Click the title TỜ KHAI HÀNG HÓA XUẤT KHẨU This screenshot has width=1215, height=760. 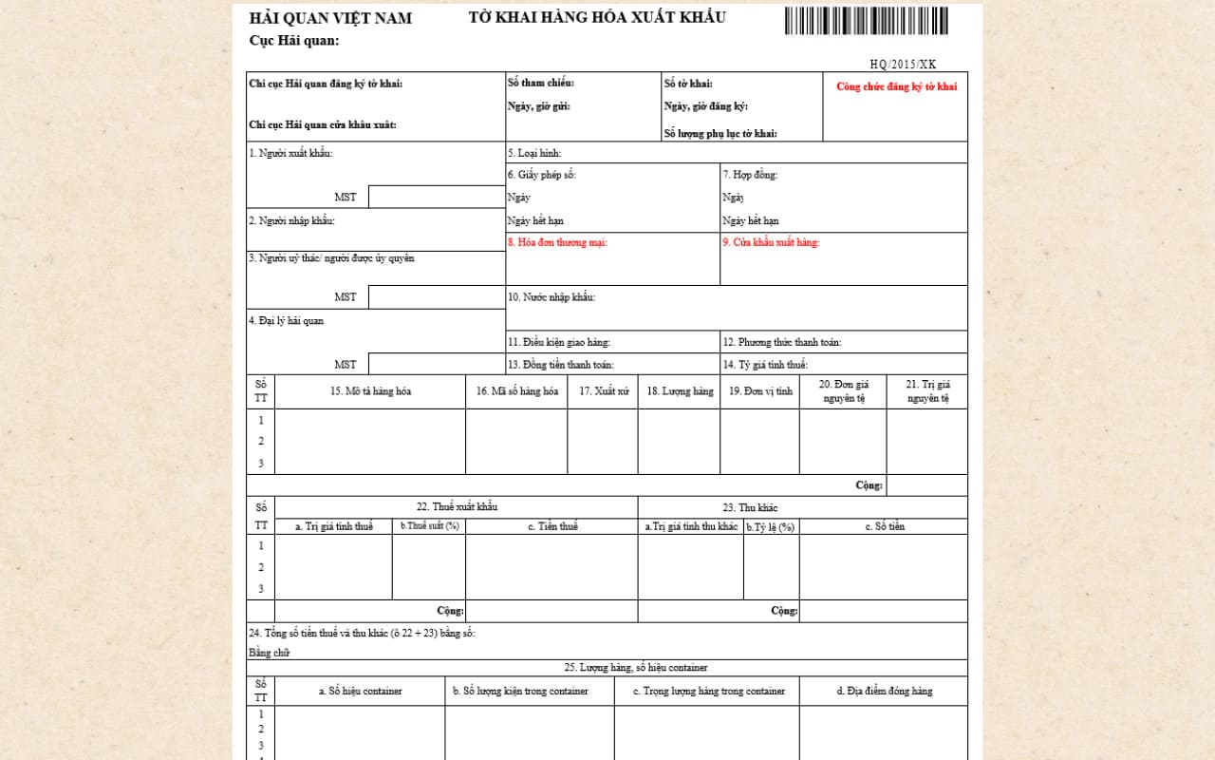pyautogui.click(x=597, y=17)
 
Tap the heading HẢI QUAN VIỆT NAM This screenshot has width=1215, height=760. pyautogui.click(x=330, y=18)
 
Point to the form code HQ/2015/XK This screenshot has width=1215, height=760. pyautogui.click(x=903, y=65)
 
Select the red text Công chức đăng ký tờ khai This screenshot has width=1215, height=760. pyautogui.click(x=896, y=86)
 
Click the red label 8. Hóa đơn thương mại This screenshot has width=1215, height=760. pyautogui.click(x=557, y=242)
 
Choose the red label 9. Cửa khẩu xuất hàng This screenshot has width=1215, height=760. pyautogui.click(x=771, y=242)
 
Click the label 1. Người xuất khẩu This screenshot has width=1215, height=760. pyautogui.click(x=290, y=153)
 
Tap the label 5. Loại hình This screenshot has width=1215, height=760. pyautogui.click(x=534, y=153)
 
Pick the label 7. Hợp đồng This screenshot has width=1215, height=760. pyautogui.click(x=750, y=175)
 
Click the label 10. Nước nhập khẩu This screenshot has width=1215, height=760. pyautogui.click(x=551, y=297)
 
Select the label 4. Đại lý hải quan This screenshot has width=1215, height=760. pyautogui.click(x=287, y=321)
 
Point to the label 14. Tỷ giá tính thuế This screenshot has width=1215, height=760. pyautogui.click(x=765, y=365)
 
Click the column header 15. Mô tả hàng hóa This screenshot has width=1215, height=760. pyautogui.click(x=370, y=391)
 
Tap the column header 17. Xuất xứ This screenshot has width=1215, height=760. pyautogui.click(x=604, y=391)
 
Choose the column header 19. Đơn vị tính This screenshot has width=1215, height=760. pyautogui.click(x=760, y=391)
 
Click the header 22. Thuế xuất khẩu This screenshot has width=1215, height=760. pyautogui.click(x=457, y=507)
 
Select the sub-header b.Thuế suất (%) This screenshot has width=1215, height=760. pyautogui.click(x=429, y=526)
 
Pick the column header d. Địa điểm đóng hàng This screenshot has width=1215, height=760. pyautogui.click(x=884, y=691)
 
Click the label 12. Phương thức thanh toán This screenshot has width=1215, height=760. pyautogui.click(x=781, y=342)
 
